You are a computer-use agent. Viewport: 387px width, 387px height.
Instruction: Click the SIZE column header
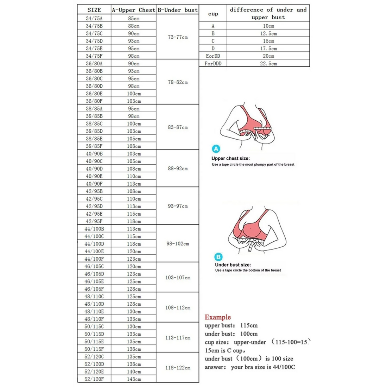tap(94, 10)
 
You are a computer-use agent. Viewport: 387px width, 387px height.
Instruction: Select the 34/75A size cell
tap(94, 18)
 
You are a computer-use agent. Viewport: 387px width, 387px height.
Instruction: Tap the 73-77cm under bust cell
tap(178, 37)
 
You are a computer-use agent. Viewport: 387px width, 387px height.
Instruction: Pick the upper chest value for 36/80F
tap(134, 101)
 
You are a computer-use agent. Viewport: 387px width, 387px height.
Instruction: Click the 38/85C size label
tap(94, 123)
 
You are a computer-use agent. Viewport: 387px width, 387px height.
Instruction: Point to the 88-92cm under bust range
tap(178, 169)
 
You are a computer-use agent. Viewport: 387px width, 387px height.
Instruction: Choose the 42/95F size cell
tap(94, 221)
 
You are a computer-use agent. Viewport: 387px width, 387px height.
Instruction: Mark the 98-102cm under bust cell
tap(178, 243)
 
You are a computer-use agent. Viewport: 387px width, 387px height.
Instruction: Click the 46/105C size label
tap(94, 266)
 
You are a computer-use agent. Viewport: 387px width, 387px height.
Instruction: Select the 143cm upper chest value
tap(134, 379)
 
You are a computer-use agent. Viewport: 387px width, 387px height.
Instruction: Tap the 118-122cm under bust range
tap(178, 368)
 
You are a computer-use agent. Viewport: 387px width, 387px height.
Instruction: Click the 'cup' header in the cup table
tap(213, 14)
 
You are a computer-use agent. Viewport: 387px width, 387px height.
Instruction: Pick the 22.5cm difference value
tap(268, 63)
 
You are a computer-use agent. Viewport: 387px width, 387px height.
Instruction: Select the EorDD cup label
tap(213, 56)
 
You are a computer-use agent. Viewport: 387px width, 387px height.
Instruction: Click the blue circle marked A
tap(216, 149)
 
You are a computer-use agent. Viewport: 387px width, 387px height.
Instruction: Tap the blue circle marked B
tap(218, 257)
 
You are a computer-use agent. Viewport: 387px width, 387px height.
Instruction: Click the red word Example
tap(218, 317)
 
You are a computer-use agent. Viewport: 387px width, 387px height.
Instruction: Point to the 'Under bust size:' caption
tap(233, 265)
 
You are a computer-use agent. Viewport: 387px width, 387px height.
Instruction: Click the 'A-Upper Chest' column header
tap(134, 10)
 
